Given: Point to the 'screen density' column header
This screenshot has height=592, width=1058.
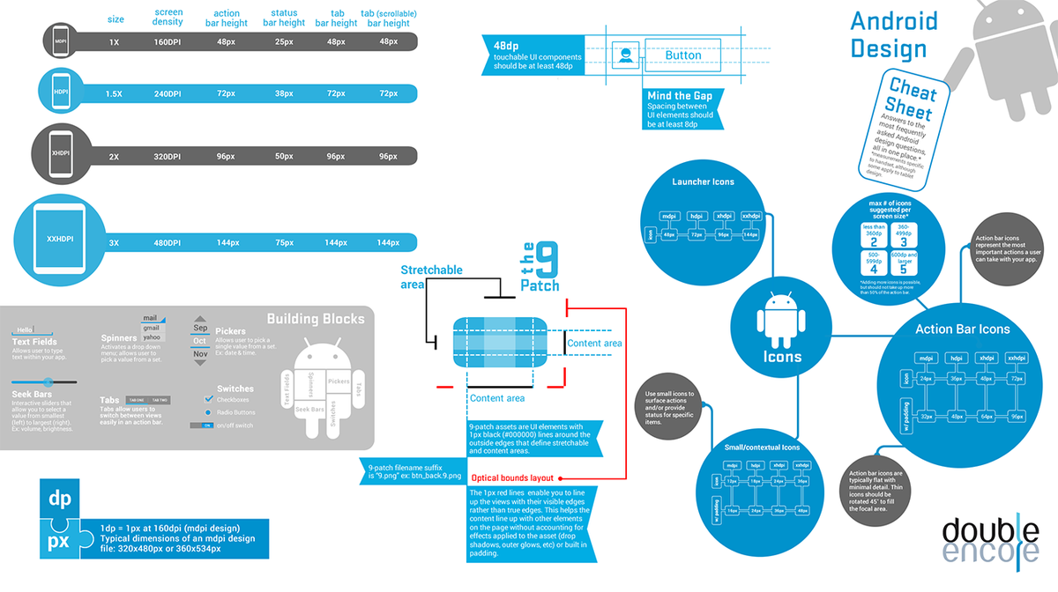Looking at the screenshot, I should pos(168,18).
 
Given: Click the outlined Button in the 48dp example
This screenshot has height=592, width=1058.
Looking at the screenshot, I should pos(682,55).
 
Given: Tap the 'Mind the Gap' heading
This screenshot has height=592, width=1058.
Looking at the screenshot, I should pos(679,95).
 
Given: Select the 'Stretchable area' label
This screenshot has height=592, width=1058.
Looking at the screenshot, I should pos(431,277).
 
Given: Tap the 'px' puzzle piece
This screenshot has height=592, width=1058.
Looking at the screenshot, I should pos(60,538).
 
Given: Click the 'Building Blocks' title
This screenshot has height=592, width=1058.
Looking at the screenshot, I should pos(316,319).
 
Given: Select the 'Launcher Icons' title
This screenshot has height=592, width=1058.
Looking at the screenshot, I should pos(703,182).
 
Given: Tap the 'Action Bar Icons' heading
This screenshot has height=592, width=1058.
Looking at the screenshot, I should pos(962,329).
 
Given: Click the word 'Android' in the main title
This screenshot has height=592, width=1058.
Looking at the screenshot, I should pos(894,21).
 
